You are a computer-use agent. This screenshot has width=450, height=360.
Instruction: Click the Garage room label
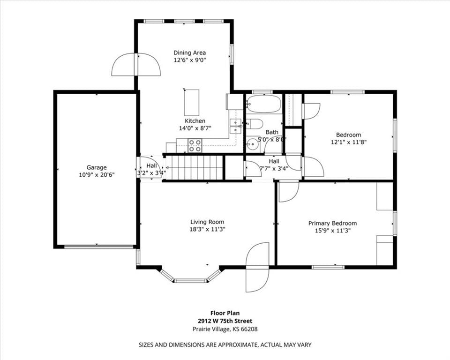pos(97,167)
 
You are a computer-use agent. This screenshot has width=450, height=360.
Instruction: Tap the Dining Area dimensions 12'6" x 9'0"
pos(190,60)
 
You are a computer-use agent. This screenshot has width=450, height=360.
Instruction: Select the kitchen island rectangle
pos(191,103)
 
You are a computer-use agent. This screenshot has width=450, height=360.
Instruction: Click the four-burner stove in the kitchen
pos(195,145)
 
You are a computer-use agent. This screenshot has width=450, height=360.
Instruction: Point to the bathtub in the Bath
pos(264,104)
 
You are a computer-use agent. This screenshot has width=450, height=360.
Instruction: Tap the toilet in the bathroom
pos(255,124)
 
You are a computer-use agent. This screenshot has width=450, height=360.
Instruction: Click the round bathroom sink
pos(253,144)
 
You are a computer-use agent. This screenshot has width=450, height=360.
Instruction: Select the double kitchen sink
pos(235,126)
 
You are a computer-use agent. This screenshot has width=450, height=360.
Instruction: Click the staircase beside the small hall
pos(194,168)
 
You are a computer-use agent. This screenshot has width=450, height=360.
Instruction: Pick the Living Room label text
pos(207,222)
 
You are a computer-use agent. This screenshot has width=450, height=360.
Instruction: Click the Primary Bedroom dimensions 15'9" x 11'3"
pos(333,230)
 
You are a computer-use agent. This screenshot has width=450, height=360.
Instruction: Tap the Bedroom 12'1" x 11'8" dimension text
pos(349,142)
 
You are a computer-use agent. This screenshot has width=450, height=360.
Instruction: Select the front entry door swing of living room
pos(257,267)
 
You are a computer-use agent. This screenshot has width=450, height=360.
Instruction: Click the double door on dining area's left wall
pos(136,65)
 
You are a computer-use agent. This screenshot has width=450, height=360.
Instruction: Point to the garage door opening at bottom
pos(99,246)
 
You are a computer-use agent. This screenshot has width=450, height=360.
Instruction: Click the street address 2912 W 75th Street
pos(225,321)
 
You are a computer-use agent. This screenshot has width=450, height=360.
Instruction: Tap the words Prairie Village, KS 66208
pos(225,329)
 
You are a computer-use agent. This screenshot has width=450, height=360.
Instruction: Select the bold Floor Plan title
pos(225,313)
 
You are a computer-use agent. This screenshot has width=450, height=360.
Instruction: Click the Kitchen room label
pos(195,121)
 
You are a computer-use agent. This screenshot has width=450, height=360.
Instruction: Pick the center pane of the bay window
pos(191,280)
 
